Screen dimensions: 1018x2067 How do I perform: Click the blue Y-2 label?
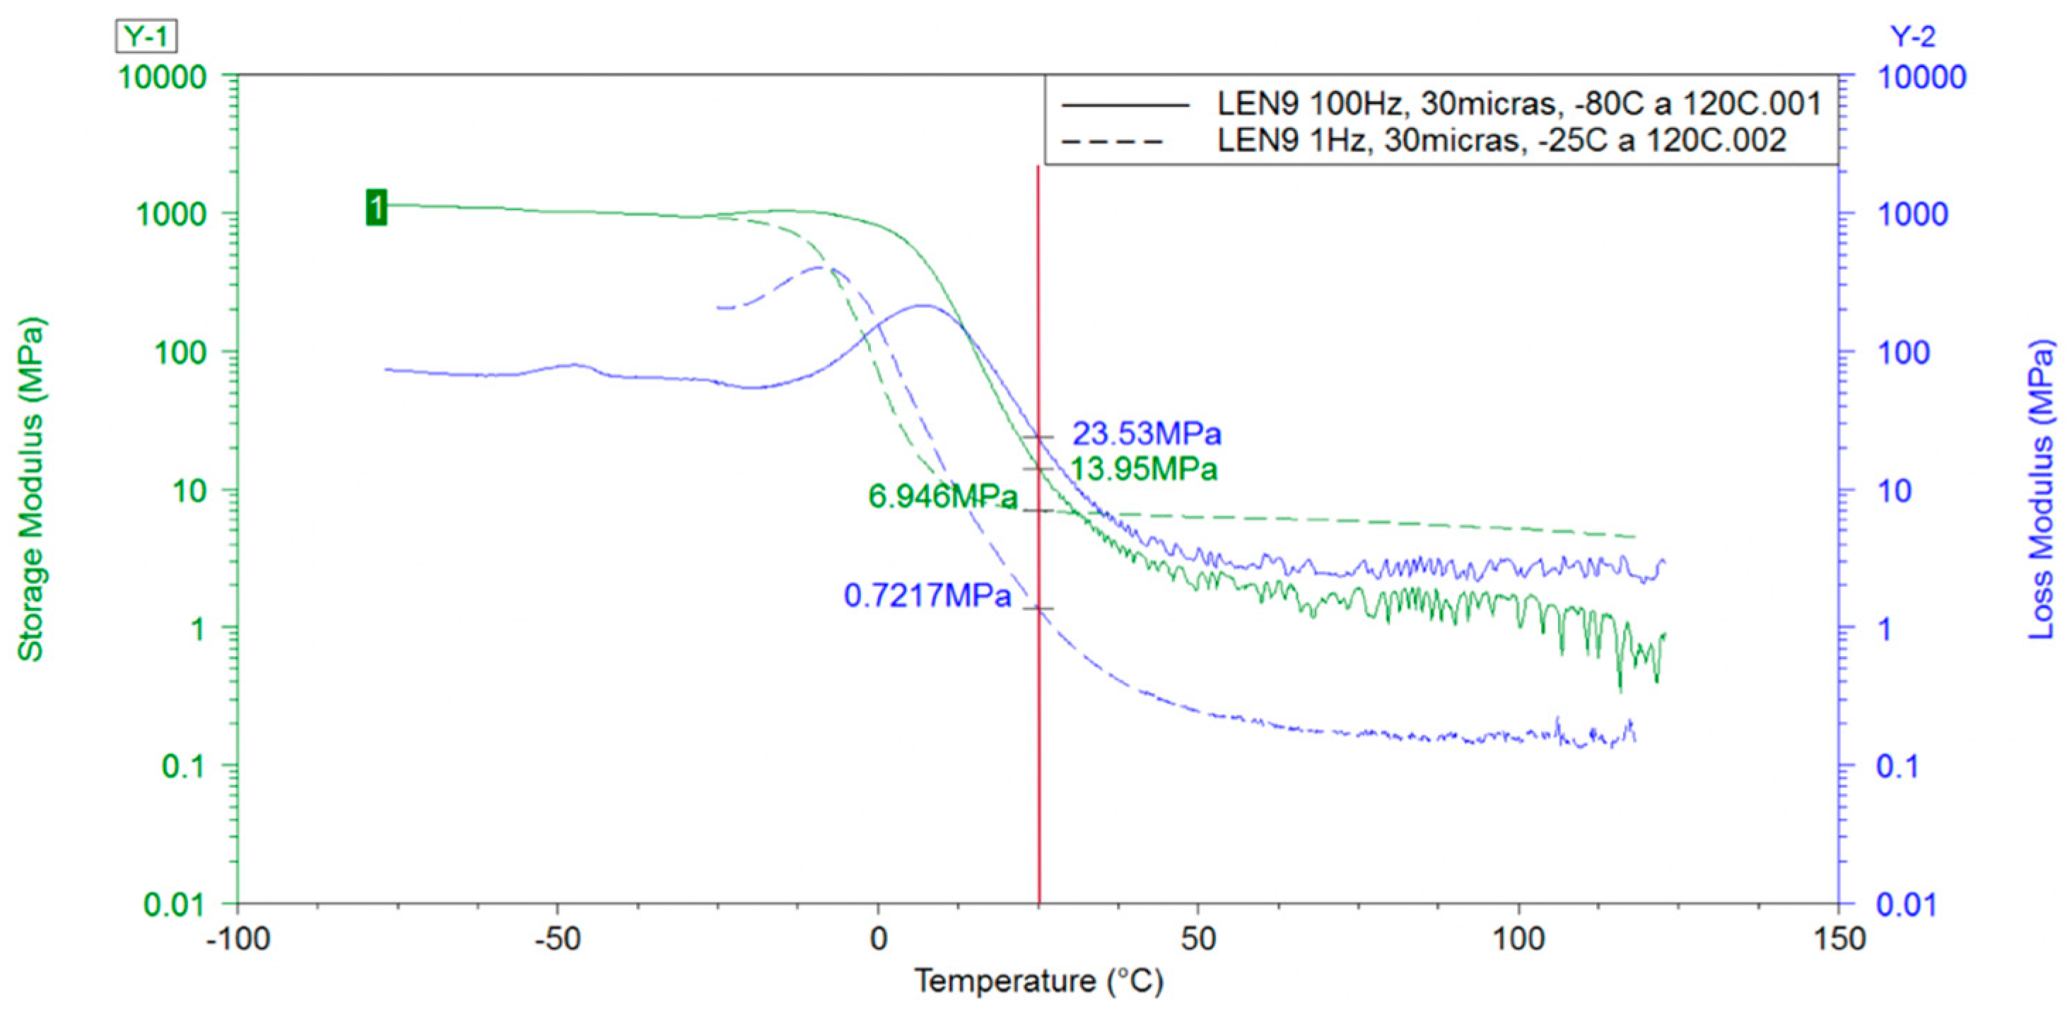(x=1912, y=37)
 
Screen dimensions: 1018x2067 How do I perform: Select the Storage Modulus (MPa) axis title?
(x=30, y=490)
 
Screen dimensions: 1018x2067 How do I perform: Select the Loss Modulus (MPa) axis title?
(x=2042, y=490)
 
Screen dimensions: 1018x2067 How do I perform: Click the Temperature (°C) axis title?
(x=1038, y=981)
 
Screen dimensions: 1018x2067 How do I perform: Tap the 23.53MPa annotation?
(x=1147, y=434)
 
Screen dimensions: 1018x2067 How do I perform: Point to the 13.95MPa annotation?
(x=1144, y=469)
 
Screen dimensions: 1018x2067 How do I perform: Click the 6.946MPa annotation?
(x=942, y=496)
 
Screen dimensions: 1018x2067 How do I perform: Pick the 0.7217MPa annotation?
(x=927, y=595)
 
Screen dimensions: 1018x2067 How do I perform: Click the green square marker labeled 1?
(x=376, y=207)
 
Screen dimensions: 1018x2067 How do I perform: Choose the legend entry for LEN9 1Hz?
(x=1501, y=141)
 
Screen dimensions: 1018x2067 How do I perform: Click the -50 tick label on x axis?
(x=557, y=938)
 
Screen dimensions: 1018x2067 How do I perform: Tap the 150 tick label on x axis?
(x=1838, y=938)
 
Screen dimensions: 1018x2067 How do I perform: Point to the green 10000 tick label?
(x=163, y=78)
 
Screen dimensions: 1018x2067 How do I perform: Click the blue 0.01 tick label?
(x=1906, y=905)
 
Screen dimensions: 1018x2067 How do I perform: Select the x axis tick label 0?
(x=878, y=938)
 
